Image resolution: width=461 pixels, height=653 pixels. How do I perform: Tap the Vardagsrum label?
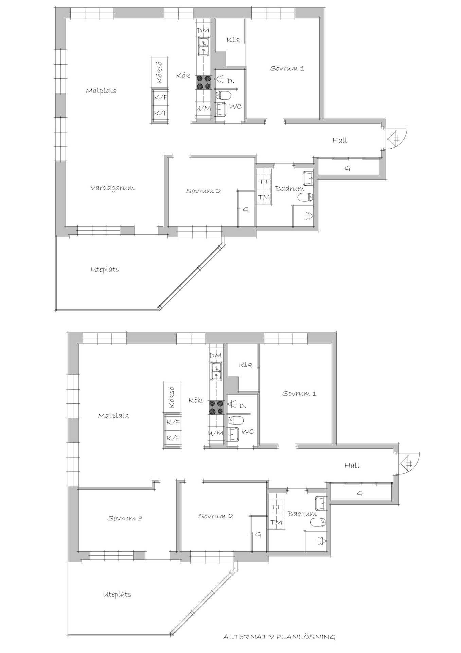click(x=112, y=188)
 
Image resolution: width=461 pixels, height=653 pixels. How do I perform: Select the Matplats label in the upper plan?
click(x=101, y=91)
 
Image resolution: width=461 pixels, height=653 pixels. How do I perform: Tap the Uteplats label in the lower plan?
click(x=117, y=595)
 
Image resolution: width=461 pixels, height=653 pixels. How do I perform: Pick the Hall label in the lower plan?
click(x=352, y=465)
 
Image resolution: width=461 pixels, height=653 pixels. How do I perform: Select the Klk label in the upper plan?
click(x=233, y=40)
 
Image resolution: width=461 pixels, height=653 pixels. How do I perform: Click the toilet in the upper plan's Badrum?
click(x=305, y=197)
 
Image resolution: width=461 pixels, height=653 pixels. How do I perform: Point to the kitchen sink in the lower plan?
click(x=216, y=371)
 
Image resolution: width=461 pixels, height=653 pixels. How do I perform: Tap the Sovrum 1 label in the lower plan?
click(x=299, y=394)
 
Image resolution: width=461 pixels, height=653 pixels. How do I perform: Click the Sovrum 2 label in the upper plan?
click(x=203, y=191)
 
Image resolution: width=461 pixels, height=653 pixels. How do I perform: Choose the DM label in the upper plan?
click(x=203, y=31)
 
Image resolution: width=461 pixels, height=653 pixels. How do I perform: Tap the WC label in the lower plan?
click(x=248, y=432)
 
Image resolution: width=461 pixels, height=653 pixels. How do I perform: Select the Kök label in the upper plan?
click(x=183, y=75)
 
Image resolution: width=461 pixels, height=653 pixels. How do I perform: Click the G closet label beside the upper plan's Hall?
click(x=348, y=168)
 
